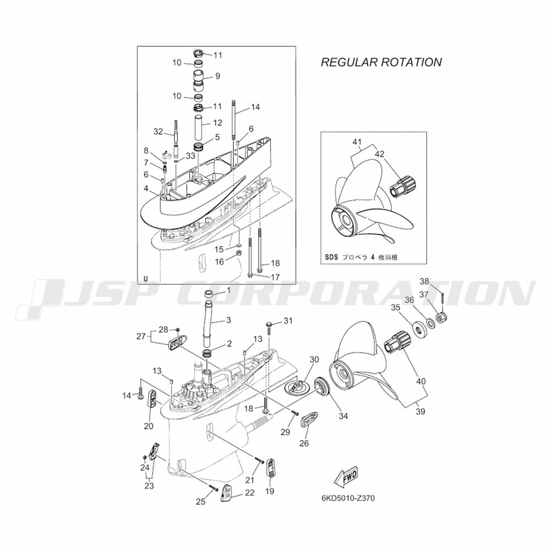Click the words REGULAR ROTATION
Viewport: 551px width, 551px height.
381,62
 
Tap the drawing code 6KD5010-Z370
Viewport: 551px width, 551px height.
348,498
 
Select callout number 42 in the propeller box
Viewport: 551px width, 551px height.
380,154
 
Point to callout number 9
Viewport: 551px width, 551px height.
218,75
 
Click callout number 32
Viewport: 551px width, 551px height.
158,132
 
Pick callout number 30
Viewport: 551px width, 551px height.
314,359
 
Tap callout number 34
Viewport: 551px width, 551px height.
343,416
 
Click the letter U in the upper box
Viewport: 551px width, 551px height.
146,279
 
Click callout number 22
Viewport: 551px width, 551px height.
250,493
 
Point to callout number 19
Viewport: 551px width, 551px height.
269,491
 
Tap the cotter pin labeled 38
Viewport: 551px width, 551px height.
443,298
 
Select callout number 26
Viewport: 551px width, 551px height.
304,444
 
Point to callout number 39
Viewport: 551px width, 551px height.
420,411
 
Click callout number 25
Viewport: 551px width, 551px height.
201,502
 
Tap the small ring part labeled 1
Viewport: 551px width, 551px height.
210,294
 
